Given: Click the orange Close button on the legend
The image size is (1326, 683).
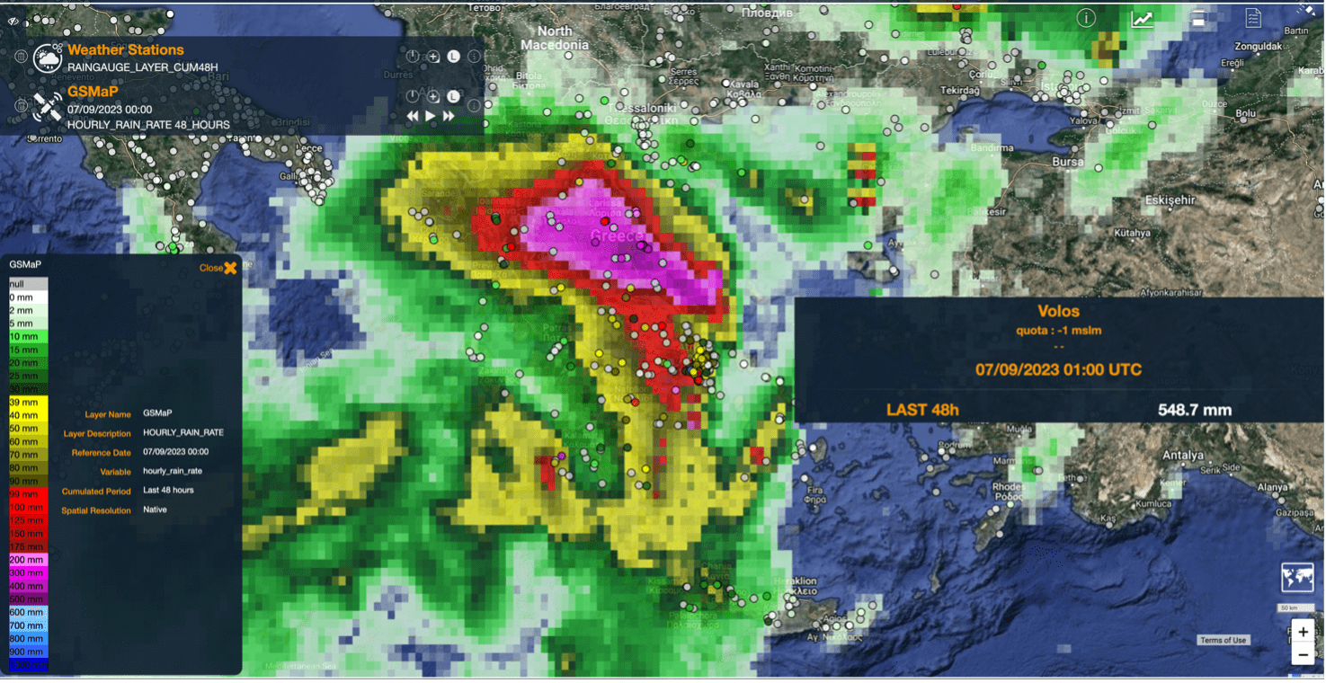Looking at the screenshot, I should coord(218,268).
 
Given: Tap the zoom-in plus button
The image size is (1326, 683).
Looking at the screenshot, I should coord(1303,632).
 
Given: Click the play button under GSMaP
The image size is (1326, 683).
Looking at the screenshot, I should coord(431,116).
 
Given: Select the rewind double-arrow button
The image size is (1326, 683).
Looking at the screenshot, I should coord(413,116).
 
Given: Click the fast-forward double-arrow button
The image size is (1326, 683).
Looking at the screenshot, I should coord(449,116).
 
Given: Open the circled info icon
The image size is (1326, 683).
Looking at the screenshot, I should coord(1086,19).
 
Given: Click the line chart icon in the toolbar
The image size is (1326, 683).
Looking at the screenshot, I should coord(1142,19).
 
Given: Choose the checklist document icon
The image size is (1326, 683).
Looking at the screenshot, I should coord(1253,19).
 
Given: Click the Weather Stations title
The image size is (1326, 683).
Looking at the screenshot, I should coord(125,50).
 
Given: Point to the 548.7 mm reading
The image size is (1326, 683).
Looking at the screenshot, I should coord(1194,410).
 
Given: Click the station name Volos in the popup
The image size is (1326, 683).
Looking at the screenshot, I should coord(1058,311).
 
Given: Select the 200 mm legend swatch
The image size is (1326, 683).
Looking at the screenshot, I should coord(27,559).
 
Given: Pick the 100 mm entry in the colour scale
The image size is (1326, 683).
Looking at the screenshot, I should coord(27,507).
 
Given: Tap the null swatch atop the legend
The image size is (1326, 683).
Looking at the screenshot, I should coord(27,284).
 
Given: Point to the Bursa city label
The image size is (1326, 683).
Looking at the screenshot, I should coord(1069,162).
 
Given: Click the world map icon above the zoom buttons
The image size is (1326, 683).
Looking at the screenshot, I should coord(1297,578).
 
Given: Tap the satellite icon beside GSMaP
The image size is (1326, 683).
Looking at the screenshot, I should coord(47,107).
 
